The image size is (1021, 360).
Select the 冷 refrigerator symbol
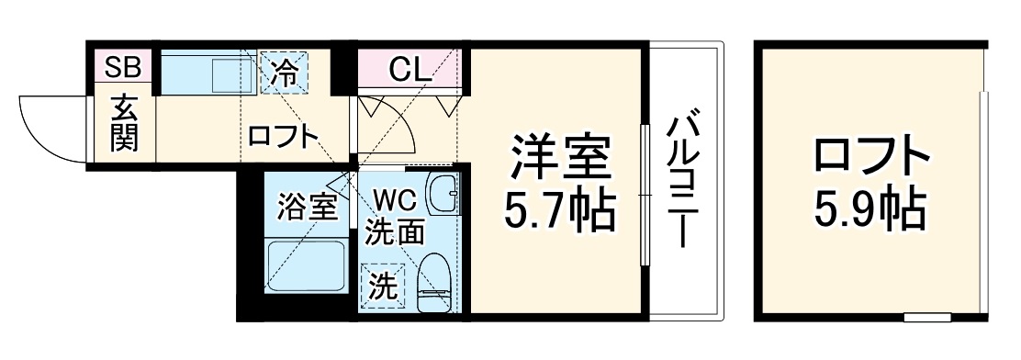[x=285, y=73]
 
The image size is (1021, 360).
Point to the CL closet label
[x=405, y=69]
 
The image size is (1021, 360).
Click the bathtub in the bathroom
[x=306, y=266]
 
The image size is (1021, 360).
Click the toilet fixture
[x=433, y=281]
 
